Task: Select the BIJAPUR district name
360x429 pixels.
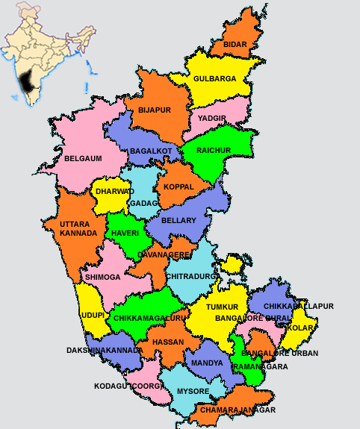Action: click(x=155, y=110)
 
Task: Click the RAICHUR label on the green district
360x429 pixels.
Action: click(x=214, y=150)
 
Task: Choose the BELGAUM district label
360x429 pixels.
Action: click(x=83, y=158)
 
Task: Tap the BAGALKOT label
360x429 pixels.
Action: click(x=151, y=151)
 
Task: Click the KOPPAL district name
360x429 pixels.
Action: click(x=179, y=186)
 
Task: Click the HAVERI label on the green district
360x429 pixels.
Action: click(x=125, y=233)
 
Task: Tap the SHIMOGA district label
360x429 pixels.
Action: click(x=102, y=277)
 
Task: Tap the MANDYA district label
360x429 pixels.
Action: click(x=207, y=363)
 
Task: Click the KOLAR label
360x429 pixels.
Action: click(x=300, y=328)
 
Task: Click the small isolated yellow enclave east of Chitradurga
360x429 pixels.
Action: click(x=233, y=263)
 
